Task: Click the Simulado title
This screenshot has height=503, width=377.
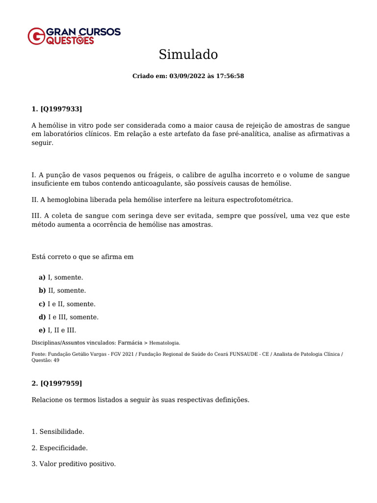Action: pos(188,55)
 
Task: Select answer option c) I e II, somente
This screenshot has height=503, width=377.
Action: pos(67,304)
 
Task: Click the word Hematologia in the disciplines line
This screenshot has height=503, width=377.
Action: pos(164,343)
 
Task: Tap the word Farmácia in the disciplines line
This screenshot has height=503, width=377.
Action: pos(130,343)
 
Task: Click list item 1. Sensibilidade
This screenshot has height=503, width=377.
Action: pos(58,432)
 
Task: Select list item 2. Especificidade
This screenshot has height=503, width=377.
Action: pos(59,448)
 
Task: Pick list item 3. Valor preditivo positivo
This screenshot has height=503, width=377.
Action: pos(74,464)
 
